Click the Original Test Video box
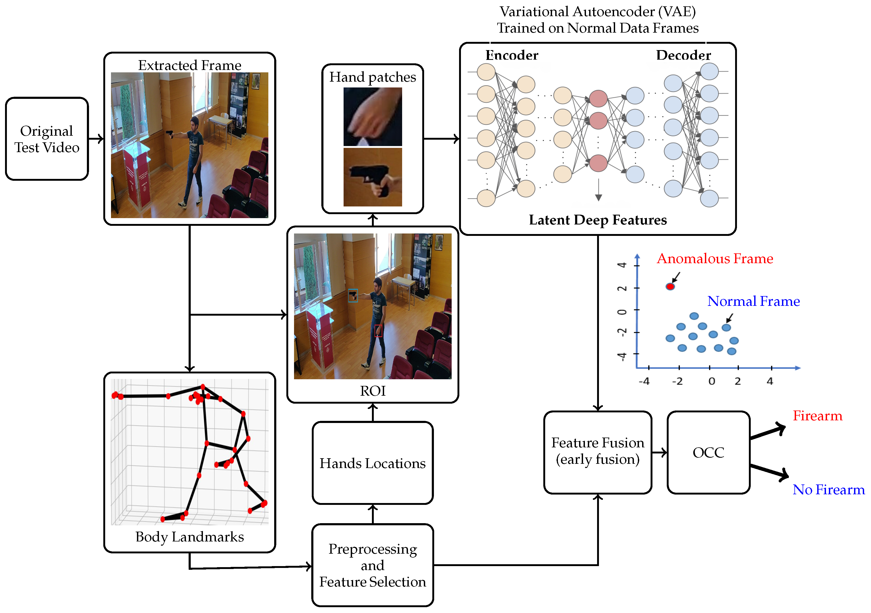[x=47, y=139]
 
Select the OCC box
[x=708, y=452]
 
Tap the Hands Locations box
[x=372, y=463]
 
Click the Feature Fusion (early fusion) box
[x=598, y=452]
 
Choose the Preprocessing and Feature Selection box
[x=372, y=565]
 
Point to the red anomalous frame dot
[x=670, y=286]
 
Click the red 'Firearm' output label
[x=817, y=416]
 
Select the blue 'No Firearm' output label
[x=829, y=490]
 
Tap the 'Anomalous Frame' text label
[x=715, y=258]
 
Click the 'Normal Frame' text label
[x=754, y=301]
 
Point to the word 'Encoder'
[x=512, y=55]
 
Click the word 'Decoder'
[x=684, y=55]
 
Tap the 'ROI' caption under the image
[x=372, y=391]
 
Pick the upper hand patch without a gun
[x=372, y=117]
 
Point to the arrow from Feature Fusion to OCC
[x=659, y=452]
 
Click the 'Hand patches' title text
[x=372, y=77]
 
